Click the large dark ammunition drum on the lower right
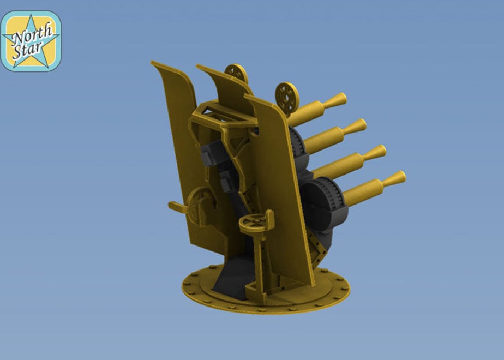325,204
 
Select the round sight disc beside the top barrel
287,98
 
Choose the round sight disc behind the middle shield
237,73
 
